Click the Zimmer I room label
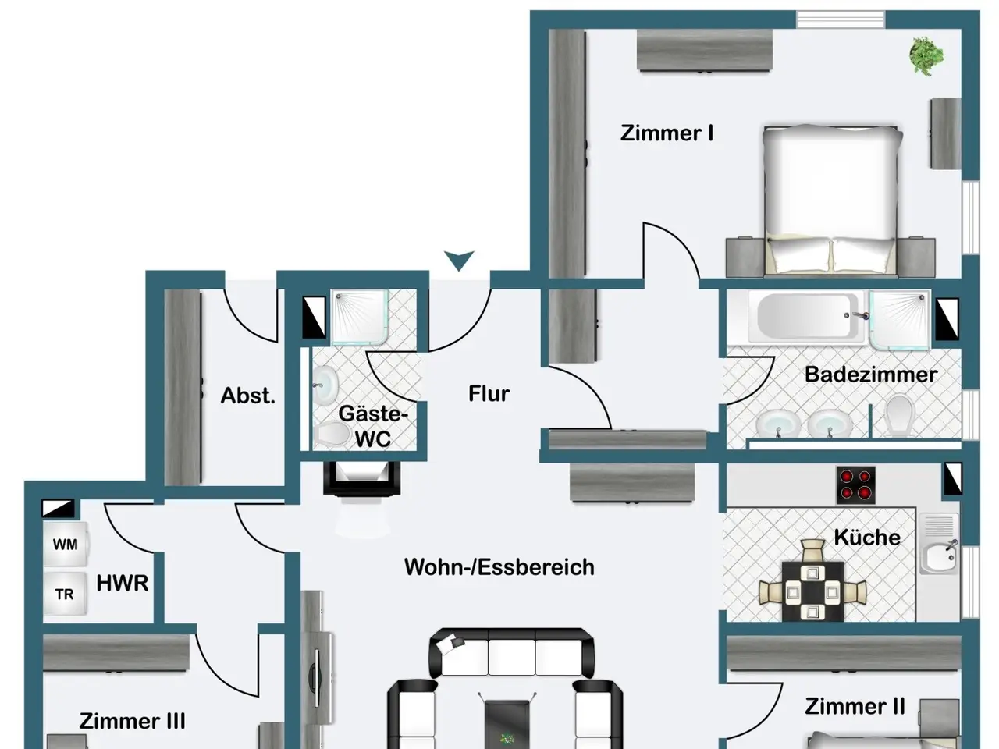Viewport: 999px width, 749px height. [667, 133]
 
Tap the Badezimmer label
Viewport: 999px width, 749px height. [871, 374]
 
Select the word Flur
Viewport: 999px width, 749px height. [489, 394]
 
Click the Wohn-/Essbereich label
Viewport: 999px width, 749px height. [499, 567]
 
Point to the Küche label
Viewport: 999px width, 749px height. [867, 537]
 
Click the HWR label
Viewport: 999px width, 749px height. [123, 583]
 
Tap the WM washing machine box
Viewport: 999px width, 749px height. [65, 544]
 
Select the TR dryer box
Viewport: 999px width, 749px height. [65, 594]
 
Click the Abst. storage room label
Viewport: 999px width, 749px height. [248, 396]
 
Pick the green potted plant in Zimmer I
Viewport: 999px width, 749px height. [926, 56]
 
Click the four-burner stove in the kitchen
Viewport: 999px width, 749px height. [855, 485]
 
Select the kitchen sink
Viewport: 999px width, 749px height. [939, 544]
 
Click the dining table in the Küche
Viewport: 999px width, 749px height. [812, 591]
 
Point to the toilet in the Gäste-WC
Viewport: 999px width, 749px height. [331, 433]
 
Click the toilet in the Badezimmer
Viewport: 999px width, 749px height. [898, 414]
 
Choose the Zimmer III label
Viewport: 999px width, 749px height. [133, 721]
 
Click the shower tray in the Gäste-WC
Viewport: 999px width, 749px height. [361, 317]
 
